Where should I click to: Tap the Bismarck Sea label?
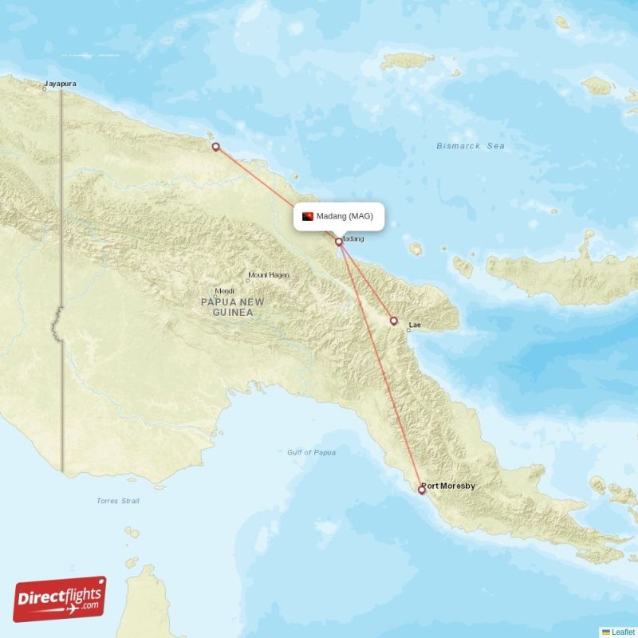[471, 146]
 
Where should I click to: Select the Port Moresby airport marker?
[422, 490]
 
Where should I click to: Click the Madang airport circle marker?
[339, 241]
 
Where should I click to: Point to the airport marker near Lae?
[393, 321]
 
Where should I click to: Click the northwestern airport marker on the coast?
[215, 147]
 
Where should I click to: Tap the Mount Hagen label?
[270, 275]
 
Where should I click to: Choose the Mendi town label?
[224, 290]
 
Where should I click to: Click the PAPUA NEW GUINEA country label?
[233, 307]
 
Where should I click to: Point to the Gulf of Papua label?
[311, 452]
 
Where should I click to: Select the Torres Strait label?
[118, 501]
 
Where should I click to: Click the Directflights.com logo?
[60, 599]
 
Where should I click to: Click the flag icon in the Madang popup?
[308, 216]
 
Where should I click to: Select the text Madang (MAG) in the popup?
[345, 216]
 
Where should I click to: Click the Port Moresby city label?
[449, 485]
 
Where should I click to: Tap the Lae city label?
[415, 325]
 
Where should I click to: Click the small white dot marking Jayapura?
[45, 89]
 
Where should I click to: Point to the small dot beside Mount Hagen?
[247, 280]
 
